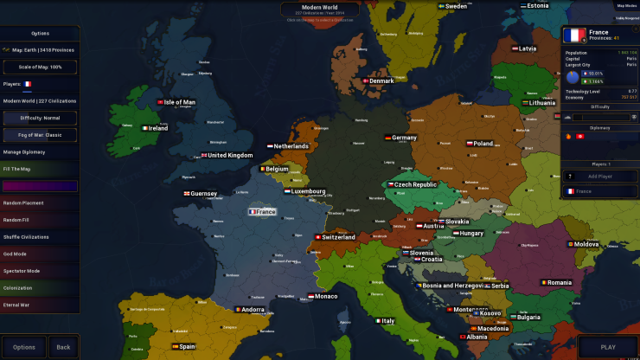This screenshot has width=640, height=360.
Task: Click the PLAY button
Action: pos(607,347)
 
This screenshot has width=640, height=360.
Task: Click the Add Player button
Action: pos(600,176)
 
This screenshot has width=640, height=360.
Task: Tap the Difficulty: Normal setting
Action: pos(40,118)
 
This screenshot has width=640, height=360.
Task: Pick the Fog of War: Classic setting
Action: pos(40,135)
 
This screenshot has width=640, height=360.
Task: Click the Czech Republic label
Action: pos(413,184)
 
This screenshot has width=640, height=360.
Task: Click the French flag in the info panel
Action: pos(574,35)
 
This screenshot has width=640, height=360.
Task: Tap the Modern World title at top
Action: pos(319,6)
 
